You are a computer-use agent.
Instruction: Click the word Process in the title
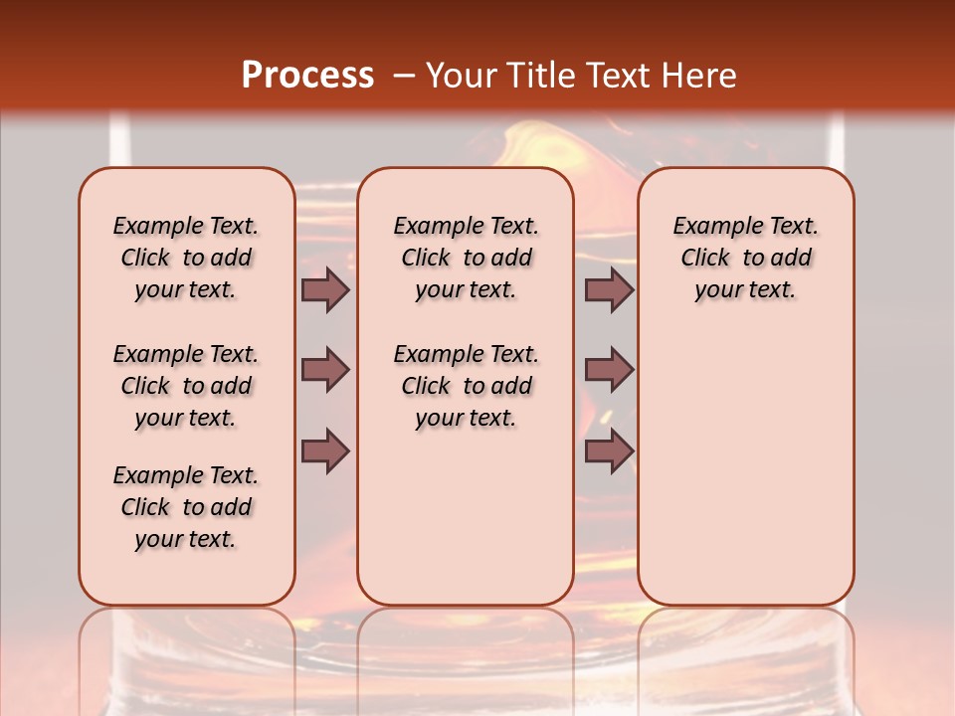[x=307, y=76]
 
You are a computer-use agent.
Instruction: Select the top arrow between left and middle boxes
[x=325, y=289]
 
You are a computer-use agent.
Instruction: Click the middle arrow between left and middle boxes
[x=325, y=370]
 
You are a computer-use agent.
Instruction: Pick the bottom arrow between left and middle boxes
[x=325, y=451]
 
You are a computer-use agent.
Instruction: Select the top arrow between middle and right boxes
[x=609, y=289]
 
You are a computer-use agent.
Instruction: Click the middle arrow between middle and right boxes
[x=609, y=370]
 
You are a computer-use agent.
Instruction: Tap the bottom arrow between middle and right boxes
[x=609, y=451]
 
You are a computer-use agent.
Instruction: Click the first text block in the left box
[x=186, y=258]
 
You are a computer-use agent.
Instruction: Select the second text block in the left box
[x=186, y=386]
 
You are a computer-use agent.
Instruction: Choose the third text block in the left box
[x=186, y=507]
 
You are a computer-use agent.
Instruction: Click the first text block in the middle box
[x=466, y=258]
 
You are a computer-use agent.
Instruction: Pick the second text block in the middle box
[x=466, y=386]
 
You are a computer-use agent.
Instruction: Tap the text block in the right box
[x=746, y=258]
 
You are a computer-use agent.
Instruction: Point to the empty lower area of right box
[x=746, y=477]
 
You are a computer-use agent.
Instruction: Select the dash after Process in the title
[x=404, y=76]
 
